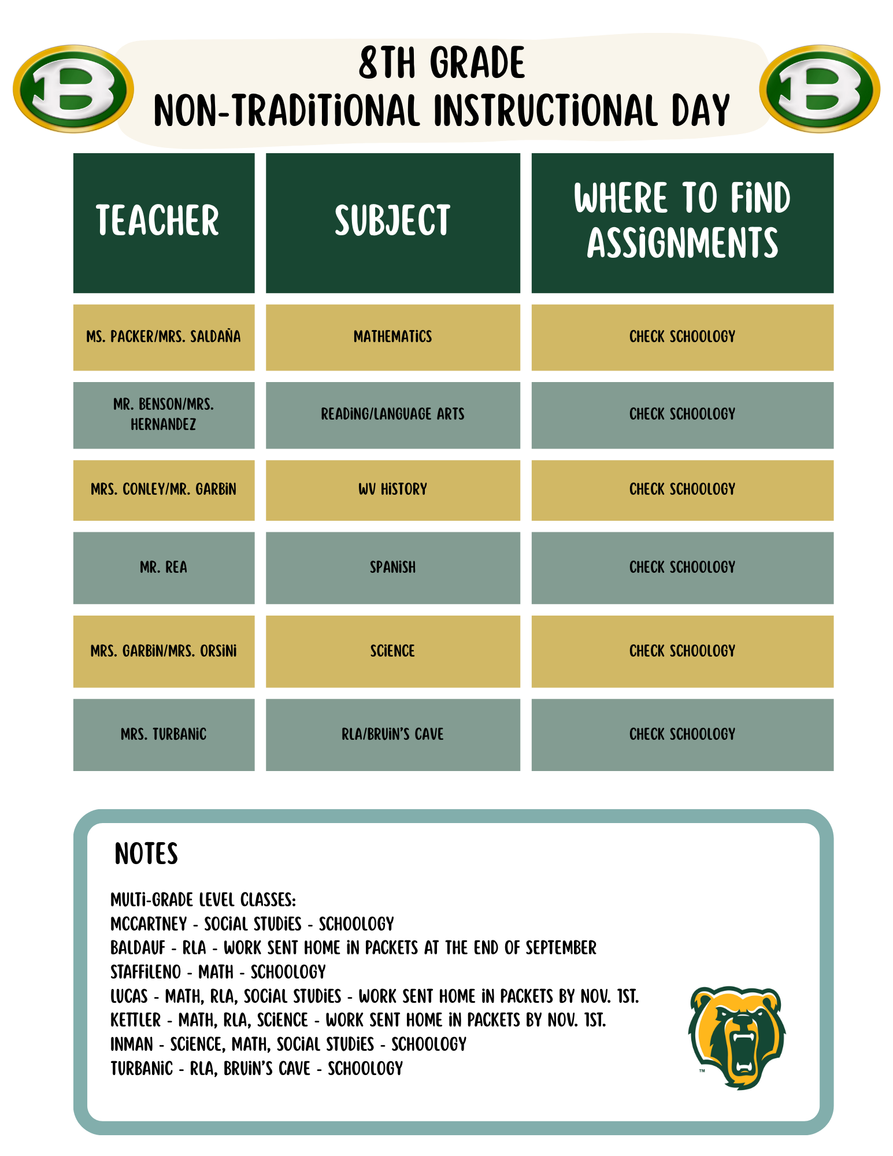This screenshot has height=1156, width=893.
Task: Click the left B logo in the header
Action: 73,89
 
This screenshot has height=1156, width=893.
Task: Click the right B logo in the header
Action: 820,89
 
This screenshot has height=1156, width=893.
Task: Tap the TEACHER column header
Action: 164,222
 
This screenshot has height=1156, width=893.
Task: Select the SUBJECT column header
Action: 392,222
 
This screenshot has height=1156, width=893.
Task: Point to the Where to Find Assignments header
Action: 682,222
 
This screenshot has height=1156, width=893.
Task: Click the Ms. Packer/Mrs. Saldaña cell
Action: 164,337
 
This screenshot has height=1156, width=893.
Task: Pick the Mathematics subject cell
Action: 392,337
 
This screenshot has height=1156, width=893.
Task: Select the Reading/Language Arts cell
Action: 392,414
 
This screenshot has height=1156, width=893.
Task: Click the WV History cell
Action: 392,490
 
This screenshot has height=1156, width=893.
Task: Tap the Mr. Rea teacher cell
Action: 164,568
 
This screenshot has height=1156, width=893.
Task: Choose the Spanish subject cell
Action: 392,568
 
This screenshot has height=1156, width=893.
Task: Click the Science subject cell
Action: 392,651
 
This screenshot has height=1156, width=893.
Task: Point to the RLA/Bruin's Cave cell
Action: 392,735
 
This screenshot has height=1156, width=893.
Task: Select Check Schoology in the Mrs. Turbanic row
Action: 682,735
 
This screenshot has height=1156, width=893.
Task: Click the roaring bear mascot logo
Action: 737,1038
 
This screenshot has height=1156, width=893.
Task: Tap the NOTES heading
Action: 146,854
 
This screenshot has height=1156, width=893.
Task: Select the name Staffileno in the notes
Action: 146,972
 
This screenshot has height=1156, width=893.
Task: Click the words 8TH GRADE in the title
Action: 442,63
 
